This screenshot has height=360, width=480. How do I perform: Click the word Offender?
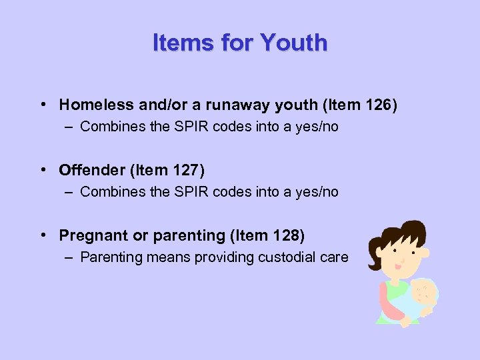[89, 170]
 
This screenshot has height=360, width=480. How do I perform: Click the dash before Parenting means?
[70, 257]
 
